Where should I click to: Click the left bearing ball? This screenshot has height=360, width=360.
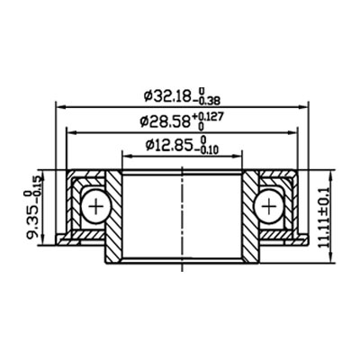pyautogui.click(x=94, y=207)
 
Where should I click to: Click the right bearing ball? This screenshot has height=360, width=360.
pyautogui.click(x=269, y=207)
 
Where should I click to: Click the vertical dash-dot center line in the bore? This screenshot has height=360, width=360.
pyautogui.click(x=183, y=216)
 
